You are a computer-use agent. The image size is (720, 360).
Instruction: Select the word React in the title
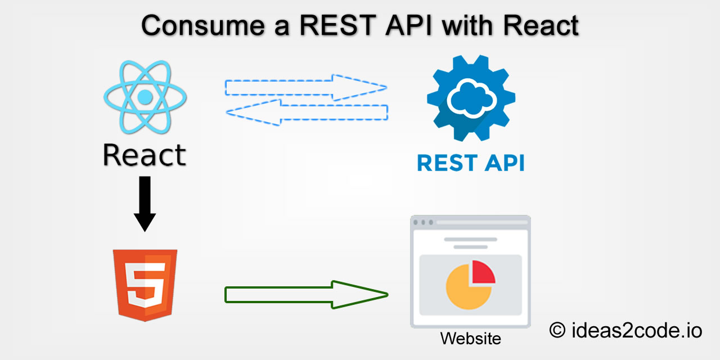point(541,26)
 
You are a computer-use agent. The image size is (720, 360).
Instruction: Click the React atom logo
point(145,97)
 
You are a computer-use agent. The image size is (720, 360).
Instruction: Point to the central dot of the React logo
point(145,97)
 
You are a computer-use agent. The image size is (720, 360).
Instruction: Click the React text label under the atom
point(145,155)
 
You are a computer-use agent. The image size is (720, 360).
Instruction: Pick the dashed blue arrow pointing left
point(307,112)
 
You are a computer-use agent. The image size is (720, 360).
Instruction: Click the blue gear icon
point(470,100)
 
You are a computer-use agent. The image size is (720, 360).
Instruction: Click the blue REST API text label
point(470,163)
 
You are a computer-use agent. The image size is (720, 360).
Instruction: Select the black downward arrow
point(145,203)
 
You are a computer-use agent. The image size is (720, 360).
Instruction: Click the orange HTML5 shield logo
point(145,285)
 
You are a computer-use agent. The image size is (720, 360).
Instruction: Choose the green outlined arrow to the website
point(306,294)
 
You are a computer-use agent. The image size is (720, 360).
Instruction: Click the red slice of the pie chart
point(483,272)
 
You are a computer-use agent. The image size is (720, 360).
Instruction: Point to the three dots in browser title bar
point(424,222)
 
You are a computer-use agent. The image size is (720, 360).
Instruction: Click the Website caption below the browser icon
point(470,339)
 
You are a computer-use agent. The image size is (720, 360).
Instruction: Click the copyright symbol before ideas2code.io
point(557,331)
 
